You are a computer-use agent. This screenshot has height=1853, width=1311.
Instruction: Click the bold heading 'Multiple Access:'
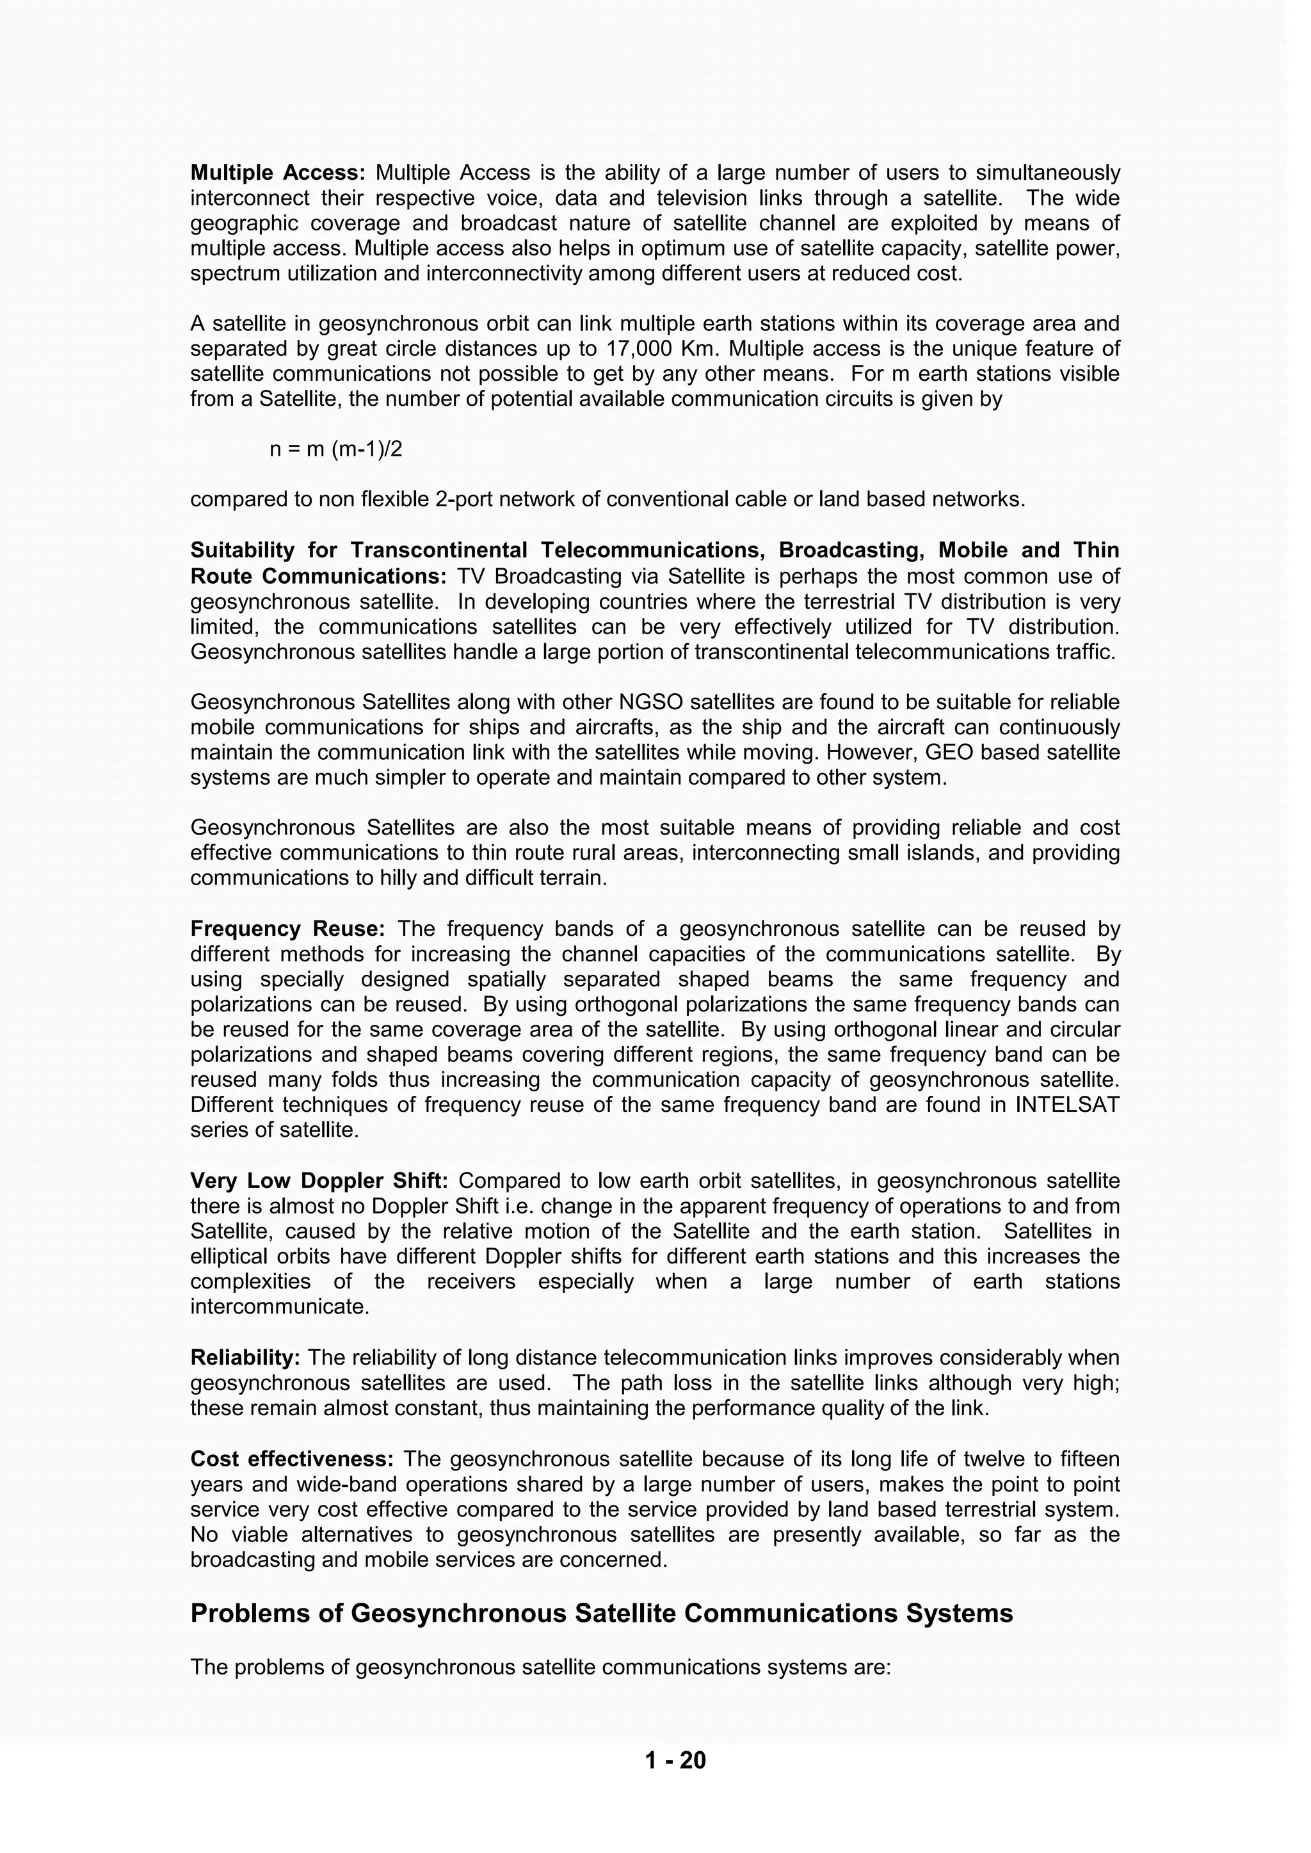coord(278,173)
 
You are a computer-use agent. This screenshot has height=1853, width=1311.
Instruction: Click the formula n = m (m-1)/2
coord(336,449)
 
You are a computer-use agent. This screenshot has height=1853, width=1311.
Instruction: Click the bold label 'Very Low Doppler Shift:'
coord(318,1181)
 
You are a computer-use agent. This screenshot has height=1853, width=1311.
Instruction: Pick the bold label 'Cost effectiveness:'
coord(291,1459)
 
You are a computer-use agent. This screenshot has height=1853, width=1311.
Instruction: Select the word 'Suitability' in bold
coord(243,550)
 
